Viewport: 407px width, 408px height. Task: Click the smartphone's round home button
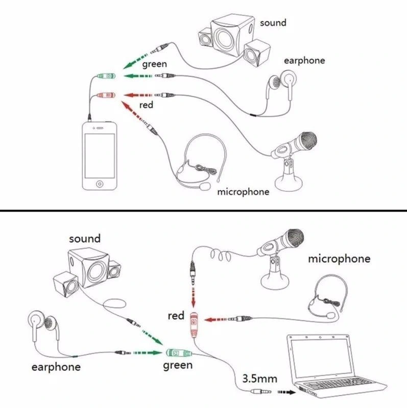[100, 182]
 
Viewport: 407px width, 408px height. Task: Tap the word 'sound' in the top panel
[273, 23]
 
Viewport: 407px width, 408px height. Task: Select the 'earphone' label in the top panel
[304, 61]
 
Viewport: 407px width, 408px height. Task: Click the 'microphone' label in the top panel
[243, 192]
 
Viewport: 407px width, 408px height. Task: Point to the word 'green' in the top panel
[154, 64]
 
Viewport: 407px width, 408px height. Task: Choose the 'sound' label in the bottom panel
[85, 239]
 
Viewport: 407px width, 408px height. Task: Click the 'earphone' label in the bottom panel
[56, 367]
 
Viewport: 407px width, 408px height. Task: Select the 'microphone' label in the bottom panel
[339, 259]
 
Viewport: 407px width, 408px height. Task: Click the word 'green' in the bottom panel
[178, 365]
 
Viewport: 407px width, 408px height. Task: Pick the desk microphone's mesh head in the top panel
[308, 139]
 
